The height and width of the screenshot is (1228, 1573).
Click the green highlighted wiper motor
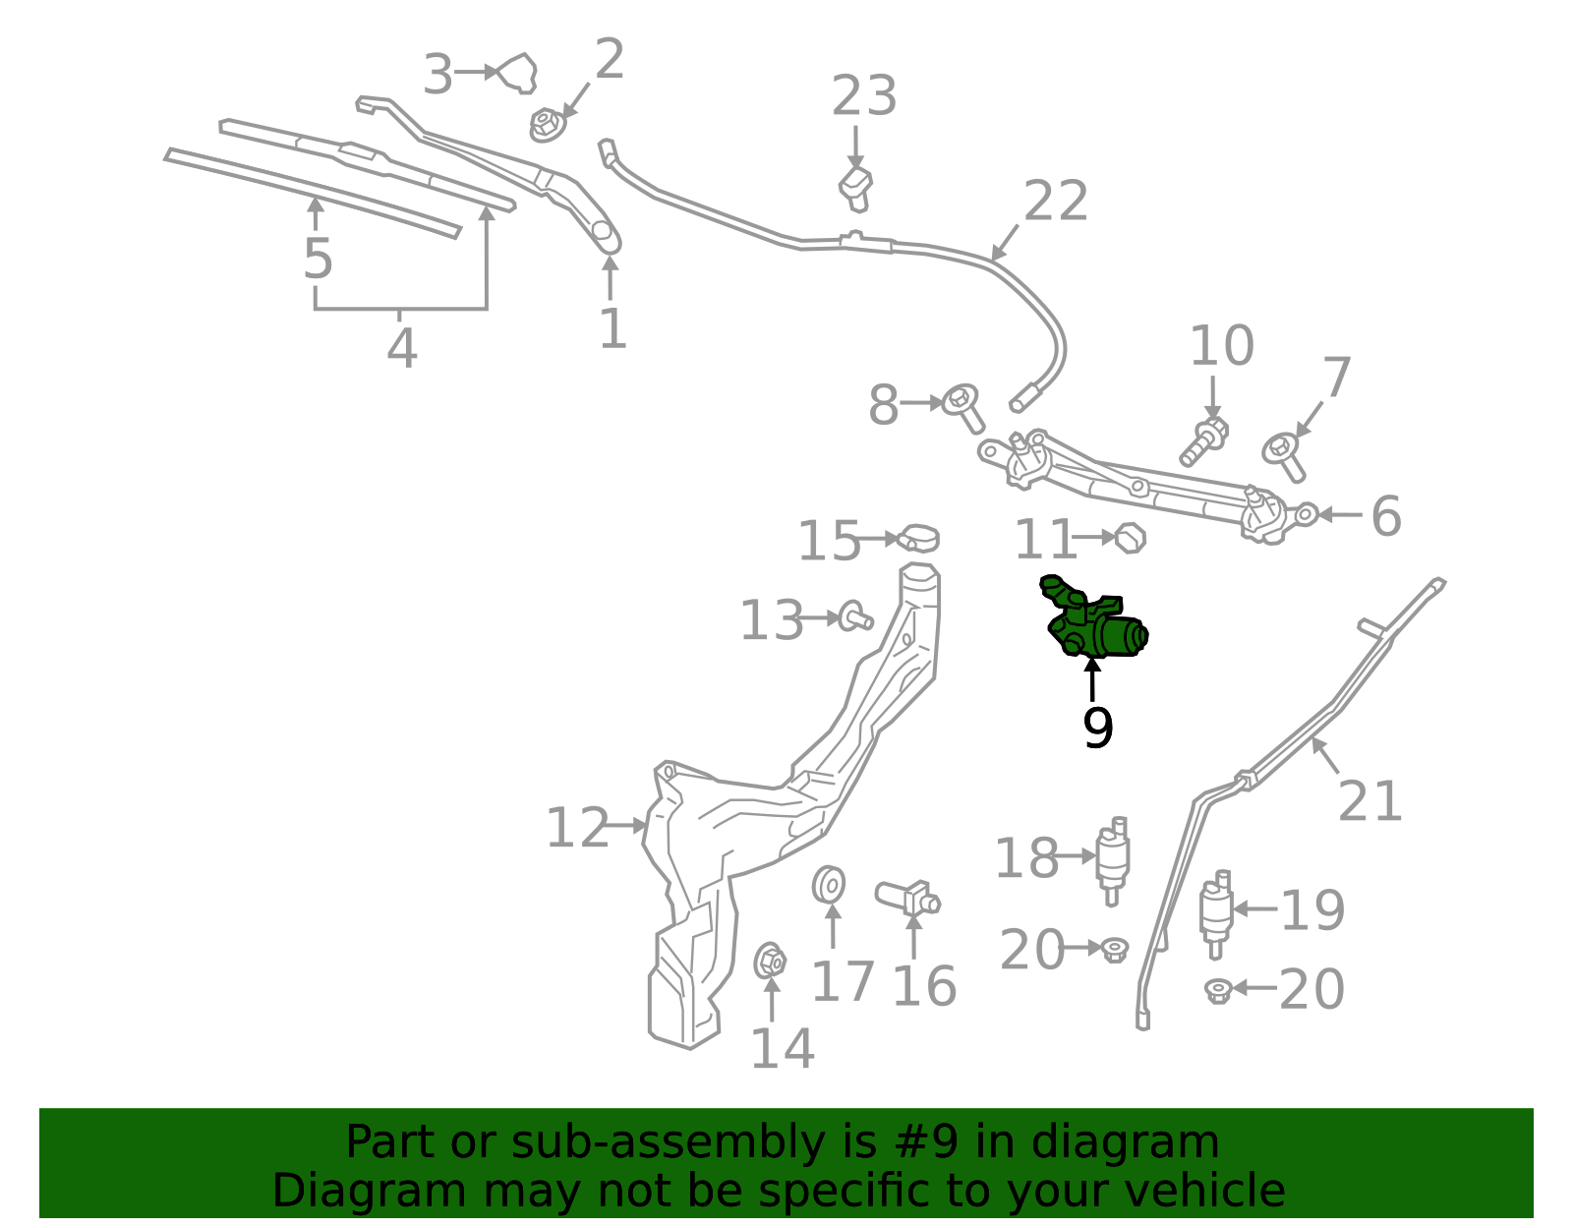click(1093, 620)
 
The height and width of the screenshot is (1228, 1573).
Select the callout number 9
click(1097, 728)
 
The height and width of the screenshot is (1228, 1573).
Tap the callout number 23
click(863, 95)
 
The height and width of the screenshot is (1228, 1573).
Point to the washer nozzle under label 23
click(855, 190)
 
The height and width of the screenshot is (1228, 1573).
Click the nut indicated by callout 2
click(547, 125)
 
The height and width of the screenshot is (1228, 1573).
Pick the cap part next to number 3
click(519, 74)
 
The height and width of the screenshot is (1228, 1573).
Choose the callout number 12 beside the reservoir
click(577, 828)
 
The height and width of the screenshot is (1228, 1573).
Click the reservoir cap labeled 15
click(918, 538)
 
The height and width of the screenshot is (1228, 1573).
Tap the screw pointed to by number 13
click(855, 616)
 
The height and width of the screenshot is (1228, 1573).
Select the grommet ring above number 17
click(829, 884)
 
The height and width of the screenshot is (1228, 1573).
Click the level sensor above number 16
click(908, 899)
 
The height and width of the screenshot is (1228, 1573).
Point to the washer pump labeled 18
click(1113, 861)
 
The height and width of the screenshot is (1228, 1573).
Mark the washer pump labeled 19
click(1217, 914)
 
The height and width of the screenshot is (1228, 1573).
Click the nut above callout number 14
click(770, 961)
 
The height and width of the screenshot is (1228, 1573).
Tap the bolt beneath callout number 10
click(1203, 440)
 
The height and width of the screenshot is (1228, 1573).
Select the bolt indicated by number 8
click(962, 408)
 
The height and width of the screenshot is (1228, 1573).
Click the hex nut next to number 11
click(1130, 538)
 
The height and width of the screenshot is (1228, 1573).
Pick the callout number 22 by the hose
click(1056, 201)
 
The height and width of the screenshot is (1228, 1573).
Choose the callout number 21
click(1369, 801)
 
